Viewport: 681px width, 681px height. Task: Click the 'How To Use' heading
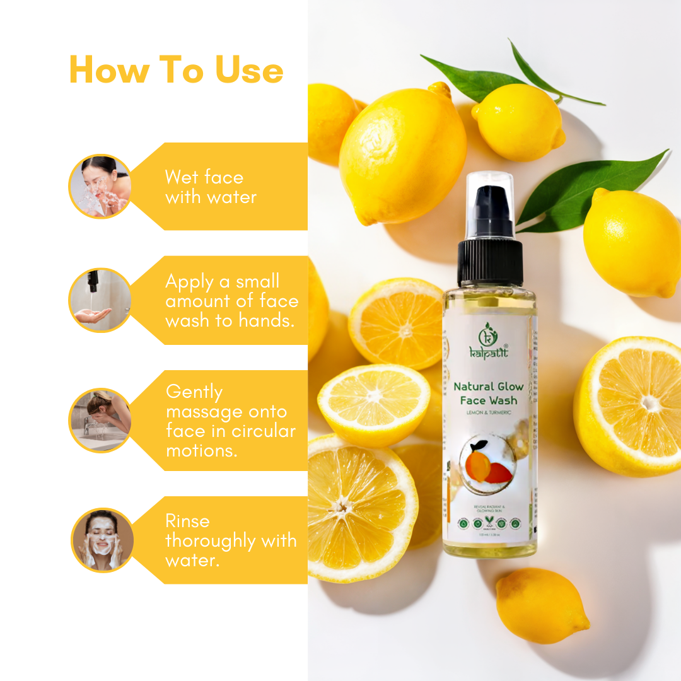pyautogui.click(x=176, y=69)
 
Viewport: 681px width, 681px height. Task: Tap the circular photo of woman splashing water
pyautogui.click(x=100, y=187)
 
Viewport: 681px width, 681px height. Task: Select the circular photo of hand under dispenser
pyautogui.click(x=100, y=300)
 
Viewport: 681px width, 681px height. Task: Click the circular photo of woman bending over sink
pyautogui.click(x=100, y=420)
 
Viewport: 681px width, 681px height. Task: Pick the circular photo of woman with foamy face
pyautogui.click(x=102, y=540)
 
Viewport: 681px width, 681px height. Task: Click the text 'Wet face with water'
pyautogui.click(x=210, y=187)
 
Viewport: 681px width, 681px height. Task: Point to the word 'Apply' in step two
pyautogui.click(x=191, y=282)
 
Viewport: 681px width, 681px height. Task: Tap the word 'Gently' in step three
pyautogui.click(x=194, y=392)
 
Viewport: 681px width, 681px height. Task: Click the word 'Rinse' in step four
pyautogui.click(x=187, y=521)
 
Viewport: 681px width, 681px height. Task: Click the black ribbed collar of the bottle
pyautogui.click(x=490, y=262)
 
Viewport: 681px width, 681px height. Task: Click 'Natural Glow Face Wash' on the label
pyautogui.click(x=489, y=393)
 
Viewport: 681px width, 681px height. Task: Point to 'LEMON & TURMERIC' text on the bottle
pyautogui.click(x=489, y=412)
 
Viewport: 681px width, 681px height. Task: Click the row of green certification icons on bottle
pyautogui.click(x=489, y=523)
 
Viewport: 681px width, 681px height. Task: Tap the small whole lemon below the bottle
pyautogui.click(x=542, y=605)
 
